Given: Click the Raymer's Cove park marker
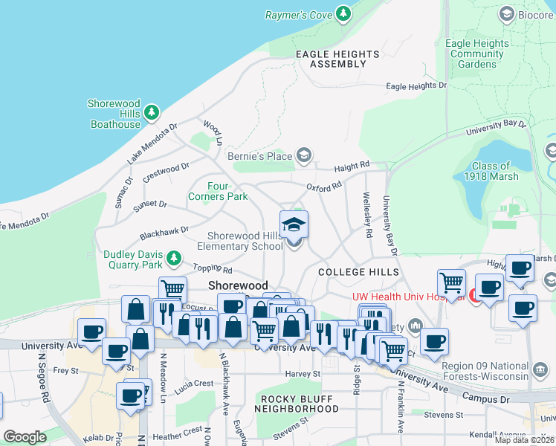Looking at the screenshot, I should coord(343,13).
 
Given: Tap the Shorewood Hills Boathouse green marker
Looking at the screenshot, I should coord(152,112).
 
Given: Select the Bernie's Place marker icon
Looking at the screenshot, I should coord(303,155).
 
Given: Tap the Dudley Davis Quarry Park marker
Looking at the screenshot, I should coord(173,259).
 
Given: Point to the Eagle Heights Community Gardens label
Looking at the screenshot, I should coord(476,54).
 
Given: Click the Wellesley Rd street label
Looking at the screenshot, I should coord(367,214).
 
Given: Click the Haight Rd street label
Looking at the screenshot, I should coord(352,165).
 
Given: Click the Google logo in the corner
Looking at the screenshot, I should coord(25,437).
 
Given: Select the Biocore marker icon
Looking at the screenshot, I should coord(507,13).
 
